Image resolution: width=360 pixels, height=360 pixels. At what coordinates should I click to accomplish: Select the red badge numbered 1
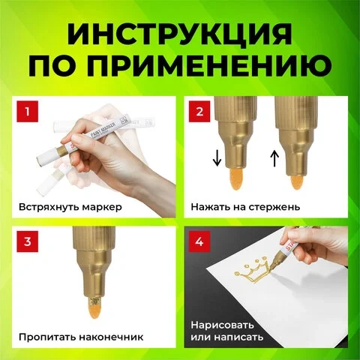[28, 112]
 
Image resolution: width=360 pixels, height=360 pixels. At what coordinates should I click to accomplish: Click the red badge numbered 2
[199, 112]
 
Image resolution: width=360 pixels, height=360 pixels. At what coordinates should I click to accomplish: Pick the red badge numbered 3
[28, 241]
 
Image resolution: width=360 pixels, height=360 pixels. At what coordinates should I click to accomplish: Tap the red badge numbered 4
[199, 241]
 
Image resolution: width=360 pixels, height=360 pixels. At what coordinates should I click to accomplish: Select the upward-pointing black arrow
[274, 158]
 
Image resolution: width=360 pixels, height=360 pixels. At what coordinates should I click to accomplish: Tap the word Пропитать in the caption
[47, 337]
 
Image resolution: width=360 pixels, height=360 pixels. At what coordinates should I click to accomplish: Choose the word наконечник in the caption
[111, 337]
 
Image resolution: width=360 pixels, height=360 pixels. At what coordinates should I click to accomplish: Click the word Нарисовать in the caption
[223, 325]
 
